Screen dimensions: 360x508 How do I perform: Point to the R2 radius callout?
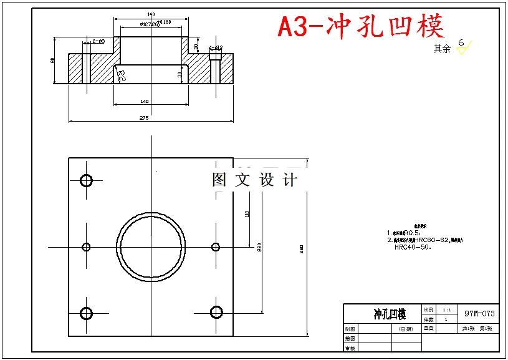click(x=121, y=75)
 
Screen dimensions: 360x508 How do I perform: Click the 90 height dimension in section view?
click(x=53, y=60)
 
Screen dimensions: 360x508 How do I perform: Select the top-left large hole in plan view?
click(x=86, y=181)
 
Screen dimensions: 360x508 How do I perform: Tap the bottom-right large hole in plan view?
click(x=216, y=312)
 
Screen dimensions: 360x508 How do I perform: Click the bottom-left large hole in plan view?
click(x=86, y=313)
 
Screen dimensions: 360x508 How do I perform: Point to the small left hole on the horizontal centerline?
click(x=86, y=247)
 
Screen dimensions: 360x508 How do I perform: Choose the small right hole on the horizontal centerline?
click(x=216, y=247)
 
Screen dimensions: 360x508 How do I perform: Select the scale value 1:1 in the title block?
click(x=446, y=309)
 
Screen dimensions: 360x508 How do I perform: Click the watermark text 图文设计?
click(x=255, y=180)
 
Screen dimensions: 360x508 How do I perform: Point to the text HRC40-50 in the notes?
click(x=413, y=246)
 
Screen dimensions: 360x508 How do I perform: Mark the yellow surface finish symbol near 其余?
click(x=464, y=47)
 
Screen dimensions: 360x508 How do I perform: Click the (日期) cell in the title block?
click(x=406, y=329)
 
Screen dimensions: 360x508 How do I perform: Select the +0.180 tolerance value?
click(x=165, y=22)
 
